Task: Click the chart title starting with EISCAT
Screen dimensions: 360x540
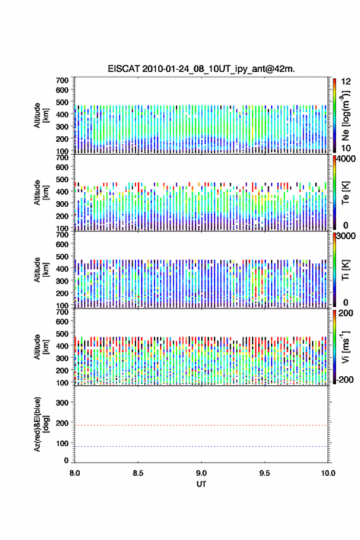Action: [201, 69]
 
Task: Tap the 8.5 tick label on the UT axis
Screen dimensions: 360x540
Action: [137, 473]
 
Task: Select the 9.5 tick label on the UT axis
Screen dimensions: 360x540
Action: [264, 473]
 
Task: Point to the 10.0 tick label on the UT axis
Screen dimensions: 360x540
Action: [328, 473]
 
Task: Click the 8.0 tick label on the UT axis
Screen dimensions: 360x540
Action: [75, 473]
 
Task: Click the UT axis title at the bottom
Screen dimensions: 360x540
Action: [201, 484]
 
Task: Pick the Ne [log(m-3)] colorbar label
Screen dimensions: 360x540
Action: [345, 116]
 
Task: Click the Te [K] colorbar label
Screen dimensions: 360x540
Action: [345, 193]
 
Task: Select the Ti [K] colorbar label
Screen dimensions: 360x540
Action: [345, 270]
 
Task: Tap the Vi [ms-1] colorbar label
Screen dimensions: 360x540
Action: [345, 347]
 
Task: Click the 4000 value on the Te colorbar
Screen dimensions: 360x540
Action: [346, 159]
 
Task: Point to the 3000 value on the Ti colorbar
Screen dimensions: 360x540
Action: [346, 236]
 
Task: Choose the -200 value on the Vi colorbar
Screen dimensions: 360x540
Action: [345, 379]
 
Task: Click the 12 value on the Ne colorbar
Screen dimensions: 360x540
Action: [346, 82]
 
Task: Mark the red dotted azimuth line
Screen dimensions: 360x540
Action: [201, 425]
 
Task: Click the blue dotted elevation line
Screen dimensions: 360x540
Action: [201, 446]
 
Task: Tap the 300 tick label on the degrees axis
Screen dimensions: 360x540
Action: [62, 403]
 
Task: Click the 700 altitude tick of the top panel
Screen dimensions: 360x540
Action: [62, 80]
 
